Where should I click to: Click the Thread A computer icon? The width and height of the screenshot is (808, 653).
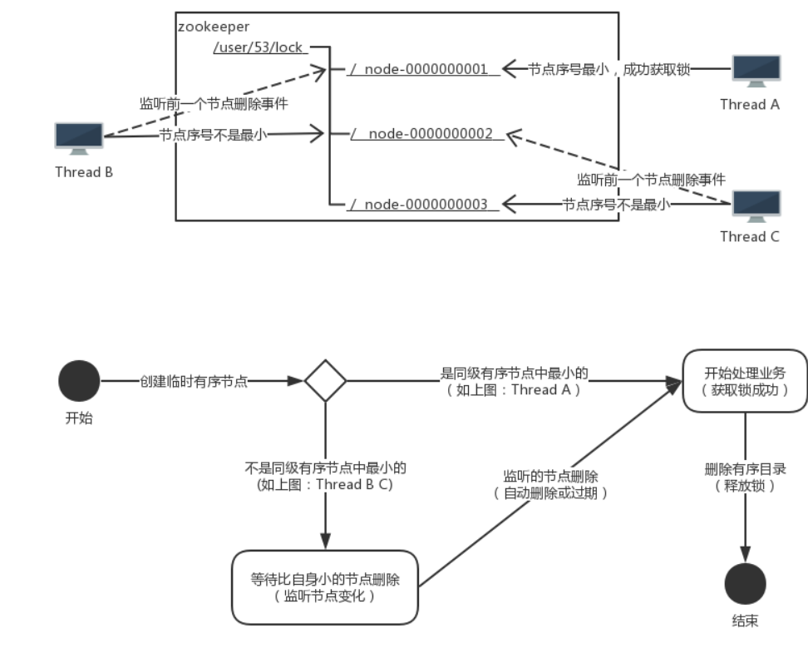coord(755,72)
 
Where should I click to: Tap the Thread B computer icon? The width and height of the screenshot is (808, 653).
coord(79,138)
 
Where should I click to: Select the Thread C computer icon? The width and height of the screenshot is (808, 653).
coord(755,205)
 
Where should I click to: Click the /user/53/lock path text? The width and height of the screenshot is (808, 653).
coord(258,47)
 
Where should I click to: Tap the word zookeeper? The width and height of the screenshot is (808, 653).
coord(214,27)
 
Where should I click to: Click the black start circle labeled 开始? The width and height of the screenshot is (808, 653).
coord(79,381)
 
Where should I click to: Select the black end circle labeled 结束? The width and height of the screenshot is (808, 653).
coord(745,584)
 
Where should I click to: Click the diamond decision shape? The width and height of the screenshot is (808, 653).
coord(325,381)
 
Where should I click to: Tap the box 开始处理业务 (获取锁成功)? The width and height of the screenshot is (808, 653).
coord(745,380)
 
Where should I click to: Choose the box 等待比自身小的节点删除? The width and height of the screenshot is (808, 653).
coord(324,587)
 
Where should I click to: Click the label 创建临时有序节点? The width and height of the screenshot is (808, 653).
coord(194,381)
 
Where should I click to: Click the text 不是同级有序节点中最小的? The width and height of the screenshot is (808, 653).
coord(325,469)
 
